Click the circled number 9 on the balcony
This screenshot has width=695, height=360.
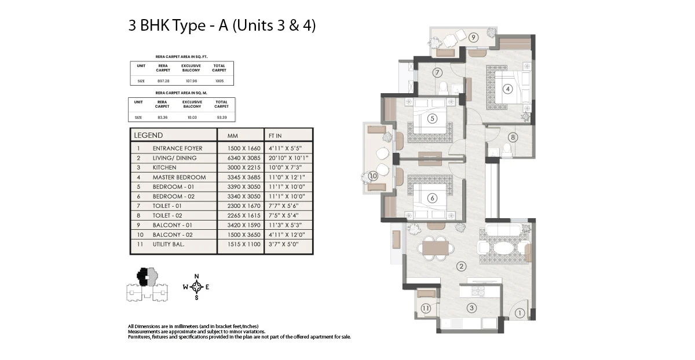pyautogui.click(x=473, y=38)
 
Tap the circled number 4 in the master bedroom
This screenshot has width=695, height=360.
pyautogui.click(x=507, y=89)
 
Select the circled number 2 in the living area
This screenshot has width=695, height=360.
pyautogui.click(x=462, y=266)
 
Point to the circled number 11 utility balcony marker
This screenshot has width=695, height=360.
pyautogui.click(x=426, y=308)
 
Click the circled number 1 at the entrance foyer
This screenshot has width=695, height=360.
pyautogui.click(x=520, y=313)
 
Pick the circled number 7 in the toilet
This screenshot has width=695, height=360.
pyautogui.click(x=437, y=72)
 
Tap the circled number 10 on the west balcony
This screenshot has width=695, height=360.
pyautogui.click(x=373, y=176)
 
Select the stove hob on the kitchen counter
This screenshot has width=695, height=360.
pyautogui.click(x=478, y=291)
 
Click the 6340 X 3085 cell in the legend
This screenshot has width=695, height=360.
pyautogui.click(x=244, y=158)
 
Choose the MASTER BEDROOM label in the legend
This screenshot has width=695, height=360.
pyautogui.click(x=179, y=177)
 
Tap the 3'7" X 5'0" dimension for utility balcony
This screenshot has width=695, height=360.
pyautogui.click(x=284, y=244)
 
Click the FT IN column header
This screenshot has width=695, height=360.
pyautogui.click(x=275, y=136)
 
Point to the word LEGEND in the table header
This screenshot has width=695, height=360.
pyautogui.click(x=148, y=135)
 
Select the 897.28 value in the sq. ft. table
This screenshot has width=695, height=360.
pyautogui.click(x=163, y=81)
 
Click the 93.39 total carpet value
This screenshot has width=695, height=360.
pyautogui.click(x=221, y=117)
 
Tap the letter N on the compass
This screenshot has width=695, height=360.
pyautogui.click(x=196, y=276)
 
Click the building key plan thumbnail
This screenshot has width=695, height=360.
pyautogui.click(x=147, y=284)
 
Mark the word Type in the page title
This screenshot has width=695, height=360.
pyautogui.click(x=189, y=25)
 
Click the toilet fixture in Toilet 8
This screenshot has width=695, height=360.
pyautogui.click(x=507, y=149)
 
